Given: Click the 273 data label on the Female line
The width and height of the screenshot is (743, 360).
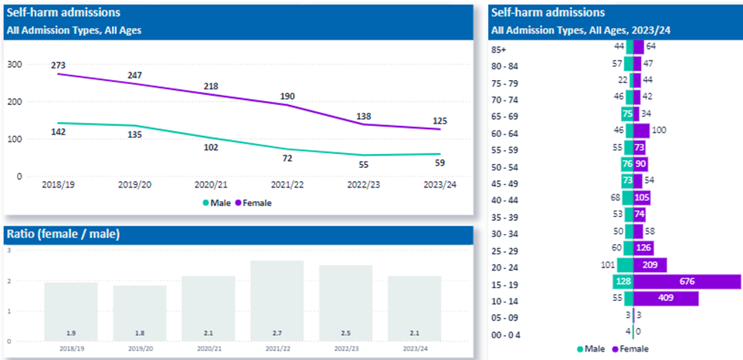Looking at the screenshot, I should click(58, 65).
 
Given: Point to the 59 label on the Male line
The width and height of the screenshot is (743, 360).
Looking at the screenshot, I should click(440, 164).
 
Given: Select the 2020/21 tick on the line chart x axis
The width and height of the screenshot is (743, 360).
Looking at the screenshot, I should click(211, 187).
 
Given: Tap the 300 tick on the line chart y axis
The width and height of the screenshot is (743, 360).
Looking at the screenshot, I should click(14, 65).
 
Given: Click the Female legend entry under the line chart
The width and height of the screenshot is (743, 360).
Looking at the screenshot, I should click(258, 202).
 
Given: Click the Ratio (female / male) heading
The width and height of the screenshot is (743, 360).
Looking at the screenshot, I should click(63, 234).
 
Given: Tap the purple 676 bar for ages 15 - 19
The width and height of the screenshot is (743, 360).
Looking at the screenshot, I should click(687, 281).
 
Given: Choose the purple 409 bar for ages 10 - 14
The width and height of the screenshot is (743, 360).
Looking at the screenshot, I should click(666, 298).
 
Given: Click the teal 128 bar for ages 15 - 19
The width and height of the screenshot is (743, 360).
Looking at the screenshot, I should click(622, 281).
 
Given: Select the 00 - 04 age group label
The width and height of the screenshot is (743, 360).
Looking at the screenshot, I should click(508, 335).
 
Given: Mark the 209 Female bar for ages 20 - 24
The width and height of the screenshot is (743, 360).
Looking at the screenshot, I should click(650, 264).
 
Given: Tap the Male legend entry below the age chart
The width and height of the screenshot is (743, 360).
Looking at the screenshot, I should click(592, 349).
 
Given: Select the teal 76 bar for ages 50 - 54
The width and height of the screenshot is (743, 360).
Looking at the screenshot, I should click(627, 164).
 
